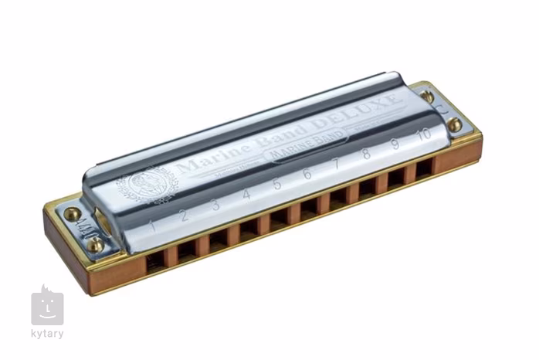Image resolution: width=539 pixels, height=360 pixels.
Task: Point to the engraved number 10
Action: (423, 134)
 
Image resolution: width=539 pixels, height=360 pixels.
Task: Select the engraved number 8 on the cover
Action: (366, 154)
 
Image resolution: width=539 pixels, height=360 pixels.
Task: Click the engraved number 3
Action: (215, 205)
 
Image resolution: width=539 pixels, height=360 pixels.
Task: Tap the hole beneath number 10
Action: (425, 169)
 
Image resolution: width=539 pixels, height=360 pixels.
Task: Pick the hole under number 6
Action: (309, 207)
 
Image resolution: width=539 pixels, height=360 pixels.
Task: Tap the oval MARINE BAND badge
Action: (306, 149)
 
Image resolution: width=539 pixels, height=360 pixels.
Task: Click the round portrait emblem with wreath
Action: (147, 186)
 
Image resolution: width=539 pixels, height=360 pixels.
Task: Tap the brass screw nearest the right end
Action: (456, 124)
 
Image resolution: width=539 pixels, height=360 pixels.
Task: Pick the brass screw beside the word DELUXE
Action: (427, 97)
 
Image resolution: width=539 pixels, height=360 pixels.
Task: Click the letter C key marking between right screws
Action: (442, 109)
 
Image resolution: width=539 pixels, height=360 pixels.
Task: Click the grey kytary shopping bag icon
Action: (47, 306)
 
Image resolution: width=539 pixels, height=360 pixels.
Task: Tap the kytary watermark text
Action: (48, 334)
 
